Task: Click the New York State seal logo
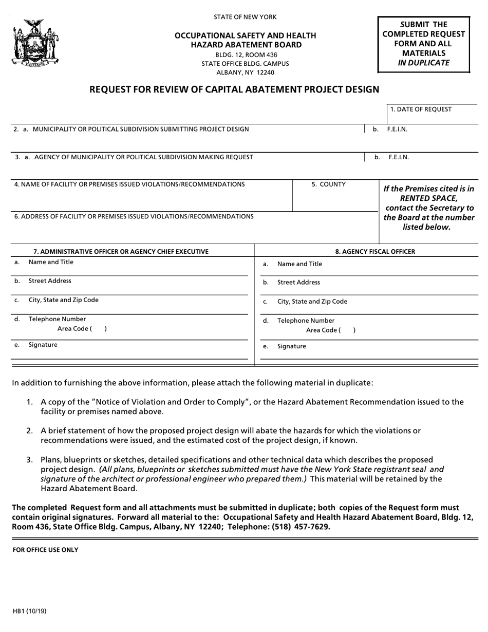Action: (x=34, y=44)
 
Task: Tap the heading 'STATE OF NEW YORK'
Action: (x=245, y=17)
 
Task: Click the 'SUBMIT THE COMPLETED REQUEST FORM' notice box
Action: (x=424, y=44)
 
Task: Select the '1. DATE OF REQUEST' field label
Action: (x=421, y=109)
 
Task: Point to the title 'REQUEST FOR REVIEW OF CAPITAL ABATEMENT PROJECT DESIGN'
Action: (x=234, y=89)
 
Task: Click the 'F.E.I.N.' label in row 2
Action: (x=397, y=129)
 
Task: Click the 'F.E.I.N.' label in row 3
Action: (x=399, y=157)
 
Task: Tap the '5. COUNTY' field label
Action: (x=329, y=184)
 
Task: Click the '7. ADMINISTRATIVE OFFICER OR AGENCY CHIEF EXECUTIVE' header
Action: (x=121, y=251)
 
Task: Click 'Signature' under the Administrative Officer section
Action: (x=43, y=345)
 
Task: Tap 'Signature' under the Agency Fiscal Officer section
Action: (x=291, y=346)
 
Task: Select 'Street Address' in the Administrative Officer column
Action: (x=50, y=281)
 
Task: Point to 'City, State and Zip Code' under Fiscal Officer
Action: (x=312, y=302)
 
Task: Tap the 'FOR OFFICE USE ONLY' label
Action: (x=46, y=550)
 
